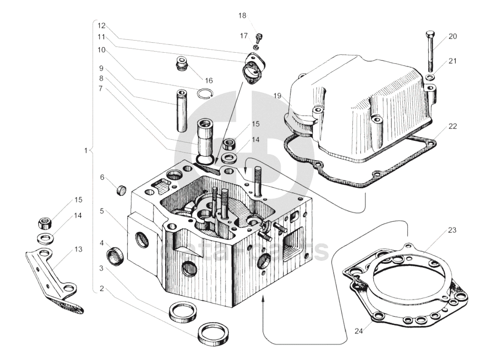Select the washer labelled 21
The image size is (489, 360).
[431, 78]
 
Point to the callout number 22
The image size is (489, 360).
[453, 126]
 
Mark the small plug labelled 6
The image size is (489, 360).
[121, 190]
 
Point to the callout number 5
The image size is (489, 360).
[101, 211]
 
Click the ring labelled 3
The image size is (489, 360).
[183, 311]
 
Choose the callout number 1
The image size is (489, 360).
[87, 150]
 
